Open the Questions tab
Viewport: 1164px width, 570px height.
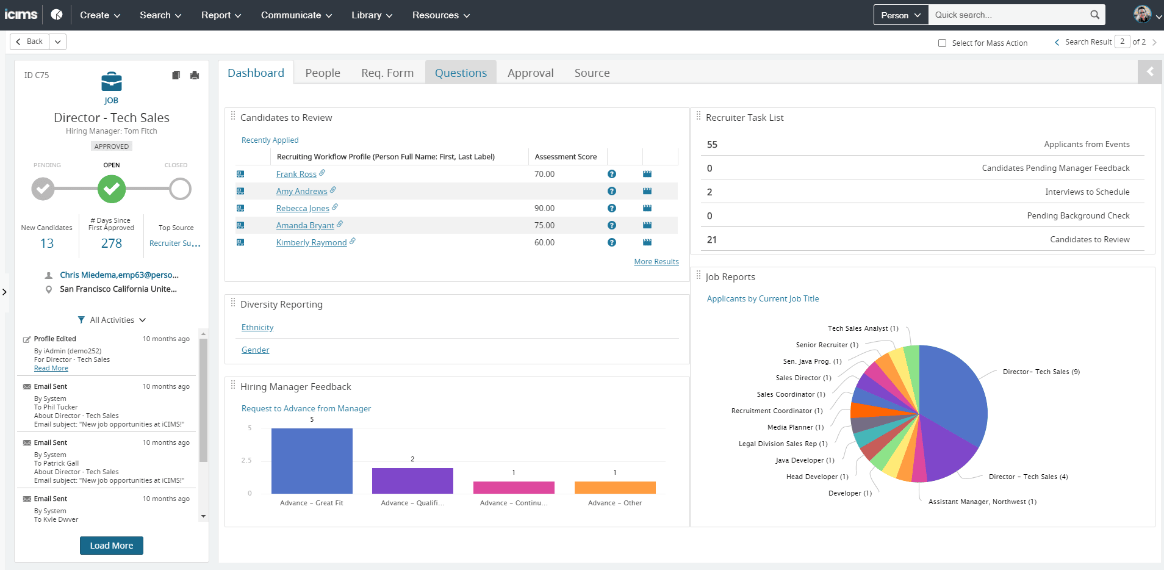pos(461,73)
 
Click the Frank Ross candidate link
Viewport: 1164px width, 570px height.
pos(296,175)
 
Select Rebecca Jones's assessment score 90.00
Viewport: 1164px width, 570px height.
pos(544,209)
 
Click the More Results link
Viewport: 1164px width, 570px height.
pos(656,262)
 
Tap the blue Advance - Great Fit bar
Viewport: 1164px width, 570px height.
pos(312,461)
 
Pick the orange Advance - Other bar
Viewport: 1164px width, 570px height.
pos(615,488)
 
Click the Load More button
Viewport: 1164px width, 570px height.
pos(112,546)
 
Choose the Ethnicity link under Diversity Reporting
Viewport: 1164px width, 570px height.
pos(257,328)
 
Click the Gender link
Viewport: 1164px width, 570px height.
pos(255,350)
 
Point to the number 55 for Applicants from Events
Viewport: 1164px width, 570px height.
pos(712,145)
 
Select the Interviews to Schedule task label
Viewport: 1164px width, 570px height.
pos(1087,192)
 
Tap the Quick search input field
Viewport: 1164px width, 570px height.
pos(1010,15)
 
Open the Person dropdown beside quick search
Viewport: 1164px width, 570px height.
pos(900,15)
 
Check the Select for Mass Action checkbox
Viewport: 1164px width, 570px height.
pos(942,43)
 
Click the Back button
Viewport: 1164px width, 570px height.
pos(30,41)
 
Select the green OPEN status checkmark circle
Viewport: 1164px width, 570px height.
pos(112,189)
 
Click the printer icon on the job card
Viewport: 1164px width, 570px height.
pos(195,75)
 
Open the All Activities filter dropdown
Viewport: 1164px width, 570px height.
pos(112,320)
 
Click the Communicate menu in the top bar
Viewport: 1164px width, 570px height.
pos(296,15)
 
